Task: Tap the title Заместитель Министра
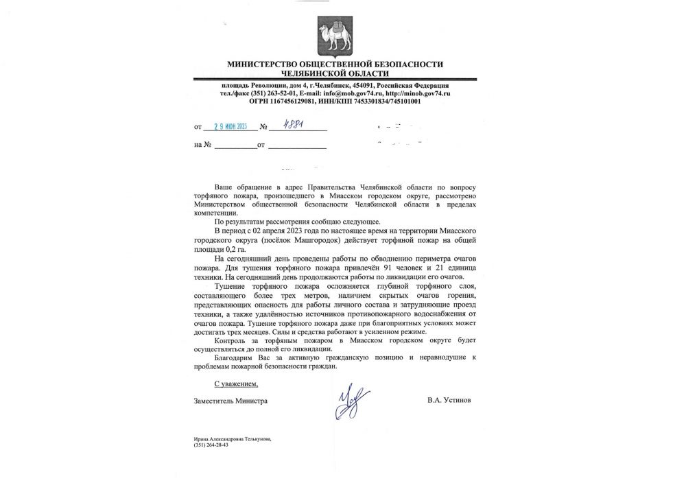(x=230, y=400)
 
